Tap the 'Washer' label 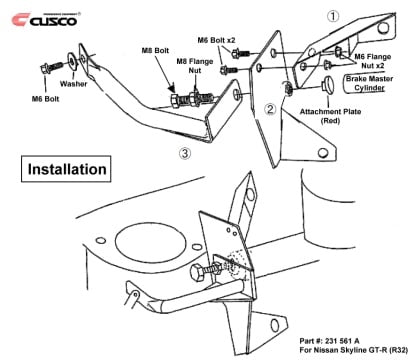[x=72, y=86]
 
